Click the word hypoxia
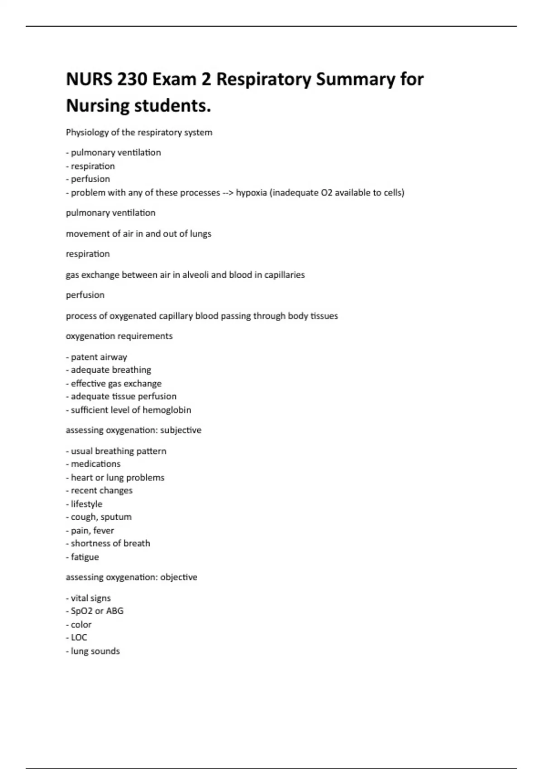tap(251, 193)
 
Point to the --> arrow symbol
tap(228, 193)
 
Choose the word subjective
tap(181, 430)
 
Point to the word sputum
tap(116, 517)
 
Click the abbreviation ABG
tap(114, 611)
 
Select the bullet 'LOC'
tap(79, 637)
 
